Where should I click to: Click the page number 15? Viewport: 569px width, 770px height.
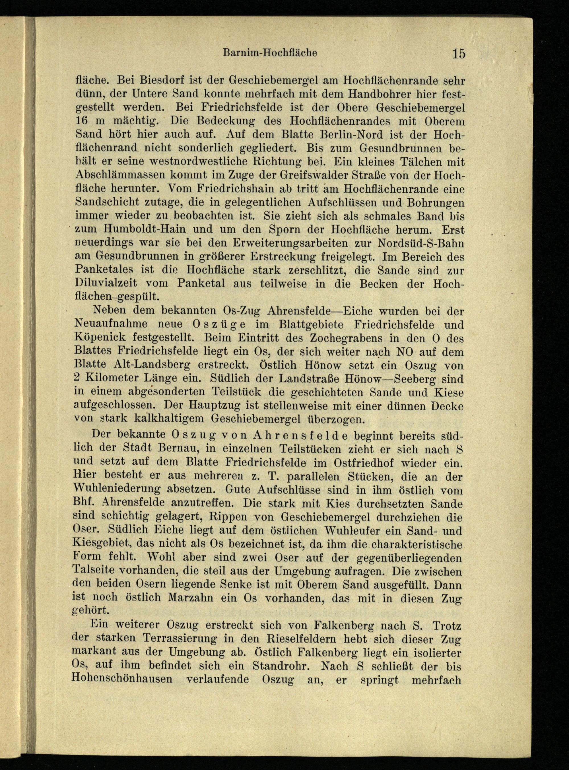(459, 54)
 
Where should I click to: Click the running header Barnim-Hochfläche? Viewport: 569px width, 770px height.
(270, 53)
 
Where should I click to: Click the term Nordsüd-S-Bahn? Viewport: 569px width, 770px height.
(421, 243)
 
